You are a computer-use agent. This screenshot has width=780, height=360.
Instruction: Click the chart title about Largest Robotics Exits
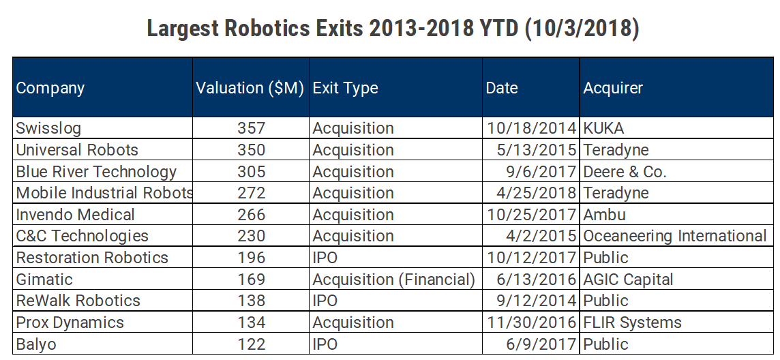pos(393,29)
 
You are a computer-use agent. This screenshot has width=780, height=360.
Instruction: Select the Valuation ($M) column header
pos(250,88)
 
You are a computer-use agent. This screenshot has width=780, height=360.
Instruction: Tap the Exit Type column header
pos(345,88)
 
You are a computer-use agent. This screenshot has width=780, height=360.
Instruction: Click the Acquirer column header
pos(613,88)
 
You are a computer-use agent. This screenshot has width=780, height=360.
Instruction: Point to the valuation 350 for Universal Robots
pos(252,150)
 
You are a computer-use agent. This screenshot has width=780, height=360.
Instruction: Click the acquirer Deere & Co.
pos(625,172)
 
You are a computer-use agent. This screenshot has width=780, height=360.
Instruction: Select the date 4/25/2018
pos(531,193)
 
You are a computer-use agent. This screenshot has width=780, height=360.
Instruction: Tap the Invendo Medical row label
pos(76,215)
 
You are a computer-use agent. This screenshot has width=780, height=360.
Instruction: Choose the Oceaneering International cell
pos(675,236)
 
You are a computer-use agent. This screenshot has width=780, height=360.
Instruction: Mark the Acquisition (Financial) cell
pos(393,280)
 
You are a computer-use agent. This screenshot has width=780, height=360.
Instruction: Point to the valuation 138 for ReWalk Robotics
pos(252,301)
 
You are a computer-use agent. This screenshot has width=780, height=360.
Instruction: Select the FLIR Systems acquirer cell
pos(632,322)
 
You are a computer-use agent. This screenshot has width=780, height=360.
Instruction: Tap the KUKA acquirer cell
pos(603,128)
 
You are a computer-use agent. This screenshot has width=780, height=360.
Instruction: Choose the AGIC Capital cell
pos(628,280)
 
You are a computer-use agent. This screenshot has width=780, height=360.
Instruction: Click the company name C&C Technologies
pos(82,236)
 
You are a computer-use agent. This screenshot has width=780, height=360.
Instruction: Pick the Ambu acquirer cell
pos(604,215)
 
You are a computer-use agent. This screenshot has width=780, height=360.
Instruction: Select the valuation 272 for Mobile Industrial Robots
pos(252,193)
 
